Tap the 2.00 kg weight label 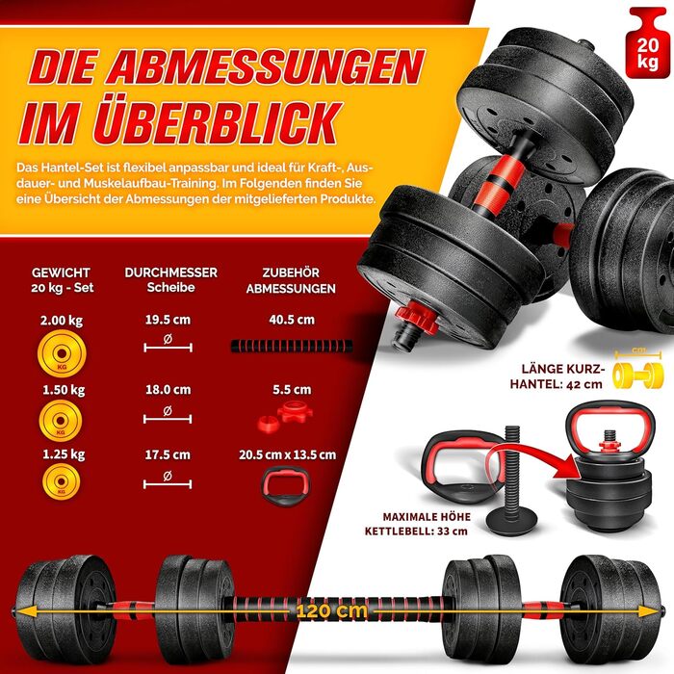[62, 321]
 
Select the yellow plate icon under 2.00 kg [62, 353]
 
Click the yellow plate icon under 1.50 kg [61, 421]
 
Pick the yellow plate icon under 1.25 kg [61, 481]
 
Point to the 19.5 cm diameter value [168, 320]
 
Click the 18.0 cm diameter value [168, 390]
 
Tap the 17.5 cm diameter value [168, 454]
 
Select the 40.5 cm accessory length [292, 320]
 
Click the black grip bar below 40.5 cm [292, 346]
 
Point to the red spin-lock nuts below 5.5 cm [285, 416]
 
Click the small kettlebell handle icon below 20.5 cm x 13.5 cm [285, 485]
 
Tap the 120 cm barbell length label [332, 610]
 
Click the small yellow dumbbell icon [637, 375]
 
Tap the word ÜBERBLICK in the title [218, 123]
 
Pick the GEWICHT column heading [61, 272]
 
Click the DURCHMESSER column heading [171, 272]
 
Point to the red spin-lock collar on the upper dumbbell [413, 318]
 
